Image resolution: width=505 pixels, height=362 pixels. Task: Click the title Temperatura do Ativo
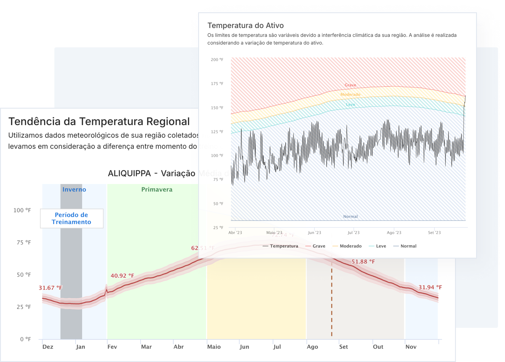pos(245,25)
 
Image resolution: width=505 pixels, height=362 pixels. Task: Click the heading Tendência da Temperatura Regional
pos(99,122)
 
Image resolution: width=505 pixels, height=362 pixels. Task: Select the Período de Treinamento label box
pos(72,219)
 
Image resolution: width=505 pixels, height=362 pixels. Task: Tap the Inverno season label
pos(74,189)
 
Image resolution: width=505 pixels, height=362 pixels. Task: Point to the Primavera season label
pos(157,189)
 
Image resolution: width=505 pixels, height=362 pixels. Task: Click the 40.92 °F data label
pos(122,276)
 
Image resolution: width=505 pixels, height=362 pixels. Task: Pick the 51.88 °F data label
pos(363,261)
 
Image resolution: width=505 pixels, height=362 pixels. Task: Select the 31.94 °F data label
pos(430,287)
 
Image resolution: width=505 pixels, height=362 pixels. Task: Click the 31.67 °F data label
pos(51,288)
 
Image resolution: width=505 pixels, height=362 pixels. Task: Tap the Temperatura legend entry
pos(281,246)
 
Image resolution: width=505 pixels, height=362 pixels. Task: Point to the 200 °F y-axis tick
pos(217,60)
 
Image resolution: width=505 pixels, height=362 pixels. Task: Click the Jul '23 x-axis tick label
pos(354,233)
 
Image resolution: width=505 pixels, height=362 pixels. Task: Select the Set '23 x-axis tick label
pos(434,233)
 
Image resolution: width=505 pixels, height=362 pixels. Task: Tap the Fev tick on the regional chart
pos(112,347)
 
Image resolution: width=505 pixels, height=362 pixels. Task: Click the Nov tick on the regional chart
pos(411,347)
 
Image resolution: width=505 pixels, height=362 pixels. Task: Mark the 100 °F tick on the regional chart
pos(22,210)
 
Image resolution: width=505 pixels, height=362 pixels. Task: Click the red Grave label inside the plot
pos(350,85)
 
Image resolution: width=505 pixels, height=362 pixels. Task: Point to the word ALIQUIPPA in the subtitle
pos(129,174)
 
